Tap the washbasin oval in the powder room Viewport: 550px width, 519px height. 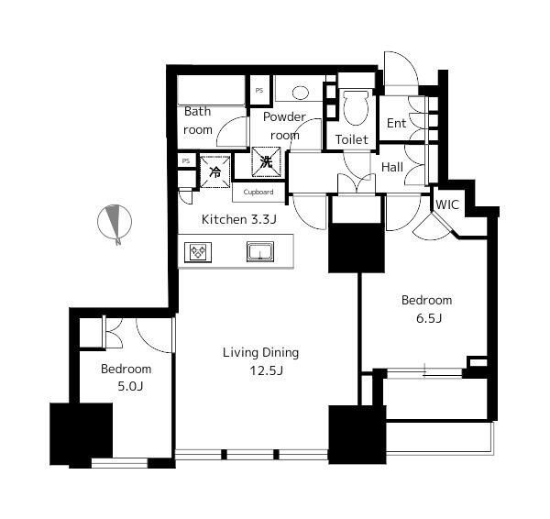point(301,93)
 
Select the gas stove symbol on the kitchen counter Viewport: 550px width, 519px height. point(198,252)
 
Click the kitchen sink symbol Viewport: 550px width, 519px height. point(260,251)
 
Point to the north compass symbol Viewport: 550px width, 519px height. point(115,223)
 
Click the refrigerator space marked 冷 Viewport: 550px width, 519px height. point(215,172)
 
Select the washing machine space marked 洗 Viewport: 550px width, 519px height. point(266,161)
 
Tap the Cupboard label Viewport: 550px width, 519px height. point(258,192)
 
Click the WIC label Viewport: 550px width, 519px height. point(447,204)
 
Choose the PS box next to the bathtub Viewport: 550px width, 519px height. point(260,91)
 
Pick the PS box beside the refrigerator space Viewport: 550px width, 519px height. point(186,160)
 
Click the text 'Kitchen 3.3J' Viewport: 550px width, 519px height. point(239,220)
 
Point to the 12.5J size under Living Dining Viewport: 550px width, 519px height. point(266,370)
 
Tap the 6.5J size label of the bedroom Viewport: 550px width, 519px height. point(429,318)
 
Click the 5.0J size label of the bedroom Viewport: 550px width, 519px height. point(130,386)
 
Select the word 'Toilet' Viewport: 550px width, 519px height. point(351,139)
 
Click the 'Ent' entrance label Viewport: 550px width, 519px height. point(396,123)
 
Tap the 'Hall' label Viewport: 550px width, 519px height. point(392,168)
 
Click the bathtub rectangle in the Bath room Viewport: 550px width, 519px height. point(211,90)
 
